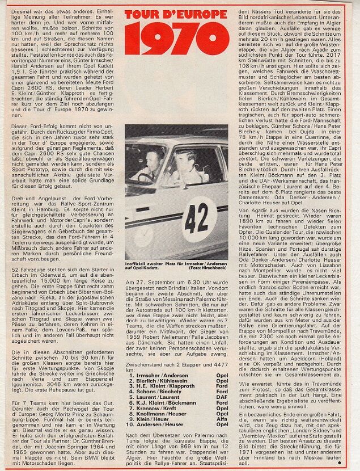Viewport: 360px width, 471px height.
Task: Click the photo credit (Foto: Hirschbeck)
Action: tap(209, 267)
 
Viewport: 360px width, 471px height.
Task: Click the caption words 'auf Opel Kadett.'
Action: tap(144, 267)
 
